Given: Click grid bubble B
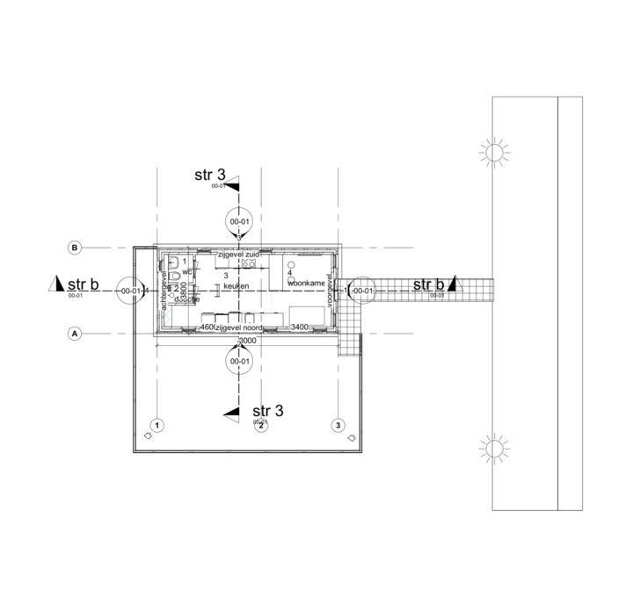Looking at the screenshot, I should click(x=76, y=248).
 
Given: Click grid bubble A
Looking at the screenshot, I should click(x=76, y=334).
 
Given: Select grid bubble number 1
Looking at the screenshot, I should click(x=156, y=426).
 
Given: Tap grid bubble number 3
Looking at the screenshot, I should click(x=338, y=426).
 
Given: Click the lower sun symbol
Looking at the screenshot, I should click(x=494, y=450).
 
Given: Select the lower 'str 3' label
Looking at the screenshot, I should click(x=267, y=411).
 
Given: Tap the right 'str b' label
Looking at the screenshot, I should click(x=428, y=284).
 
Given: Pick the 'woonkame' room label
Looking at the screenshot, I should click(x=306, y=284).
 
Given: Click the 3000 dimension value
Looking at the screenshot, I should click(x=247, y=341).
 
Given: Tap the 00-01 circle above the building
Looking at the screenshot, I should click(x=240, y=223).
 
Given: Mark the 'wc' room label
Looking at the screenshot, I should click(x=187, y=272).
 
